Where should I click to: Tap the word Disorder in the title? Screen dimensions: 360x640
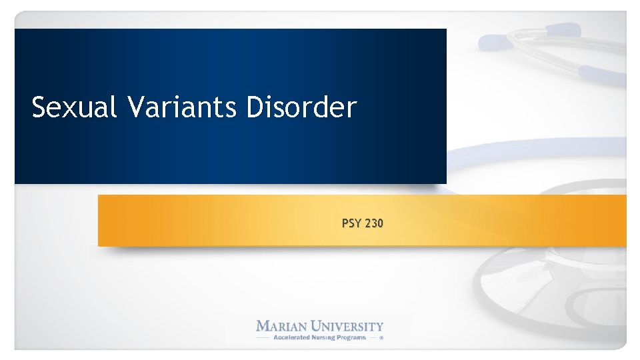pyautogui.click(x=301, y=107)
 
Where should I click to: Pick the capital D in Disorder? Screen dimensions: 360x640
pyautogui.click(x=255, y=107)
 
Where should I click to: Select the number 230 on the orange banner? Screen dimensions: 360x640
pyautogui.click(x=373, y=224)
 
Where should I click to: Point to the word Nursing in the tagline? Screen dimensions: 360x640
pyautogui.click(x=327, y=337)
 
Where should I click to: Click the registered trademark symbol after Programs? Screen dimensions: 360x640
pyautogui.click(x=382, y=338)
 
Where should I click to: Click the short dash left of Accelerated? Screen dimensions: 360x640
pyautogui.click(x=263, y=337)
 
